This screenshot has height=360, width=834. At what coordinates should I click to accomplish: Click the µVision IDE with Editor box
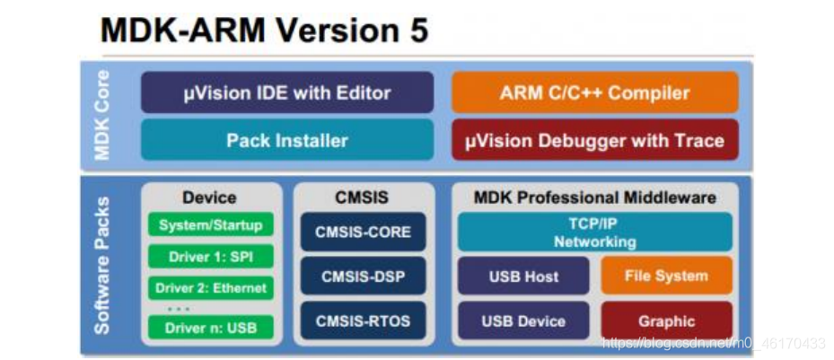coord(287,92)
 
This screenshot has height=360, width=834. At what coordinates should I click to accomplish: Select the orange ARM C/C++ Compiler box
coord(594,92)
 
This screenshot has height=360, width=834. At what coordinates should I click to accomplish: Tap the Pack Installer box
coord(287,140)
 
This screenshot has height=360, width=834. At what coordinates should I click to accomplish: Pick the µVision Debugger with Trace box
coord(594,140)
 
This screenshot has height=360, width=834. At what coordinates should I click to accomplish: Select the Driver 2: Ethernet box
coord(210,288)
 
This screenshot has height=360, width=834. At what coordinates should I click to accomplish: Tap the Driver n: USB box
coord(210,327)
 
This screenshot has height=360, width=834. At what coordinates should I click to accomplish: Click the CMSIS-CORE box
coord(363,232)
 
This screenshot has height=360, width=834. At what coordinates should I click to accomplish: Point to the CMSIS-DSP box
coord(363,277)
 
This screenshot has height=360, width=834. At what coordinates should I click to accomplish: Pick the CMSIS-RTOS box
coord(363,320)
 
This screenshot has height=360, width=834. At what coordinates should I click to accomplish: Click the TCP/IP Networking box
coord(594,233)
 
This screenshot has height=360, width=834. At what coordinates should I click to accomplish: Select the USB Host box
coord(523,277)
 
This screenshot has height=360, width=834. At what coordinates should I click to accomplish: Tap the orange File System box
coord(666,277)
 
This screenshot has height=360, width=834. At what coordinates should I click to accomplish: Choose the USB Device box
coord(523,320)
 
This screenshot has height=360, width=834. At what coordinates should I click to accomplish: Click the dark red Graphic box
coord(666,320)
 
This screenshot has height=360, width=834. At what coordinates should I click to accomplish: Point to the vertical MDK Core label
coord(101,115)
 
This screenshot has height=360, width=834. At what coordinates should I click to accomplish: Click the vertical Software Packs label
coord(101,265)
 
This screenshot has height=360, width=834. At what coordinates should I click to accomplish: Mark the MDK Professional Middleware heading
coord(594,198)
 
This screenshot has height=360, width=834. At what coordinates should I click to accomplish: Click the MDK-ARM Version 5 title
coord(265,31)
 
